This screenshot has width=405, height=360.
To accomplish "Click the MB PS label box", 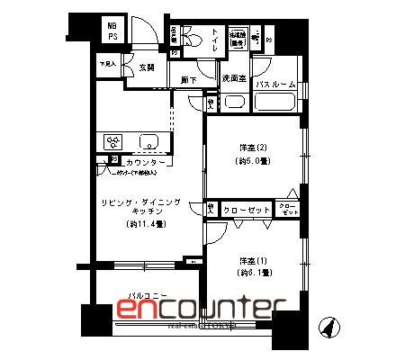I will pyautogui.click(x=112, y=31).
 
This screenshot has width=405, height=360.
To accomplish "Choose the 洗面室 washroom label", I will pyautogui.click(x=235, y=77).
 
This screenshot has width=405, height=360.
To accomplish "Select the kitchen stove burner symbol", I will pyautogui.click(x=115, y=142).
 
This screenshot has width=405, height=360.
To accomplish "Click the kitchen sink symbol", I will pyautogui.click(x=149, y=142).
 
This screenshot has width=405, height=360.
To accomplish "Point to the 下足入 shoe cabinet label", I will pyautogui.click(x=109, y=64).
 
